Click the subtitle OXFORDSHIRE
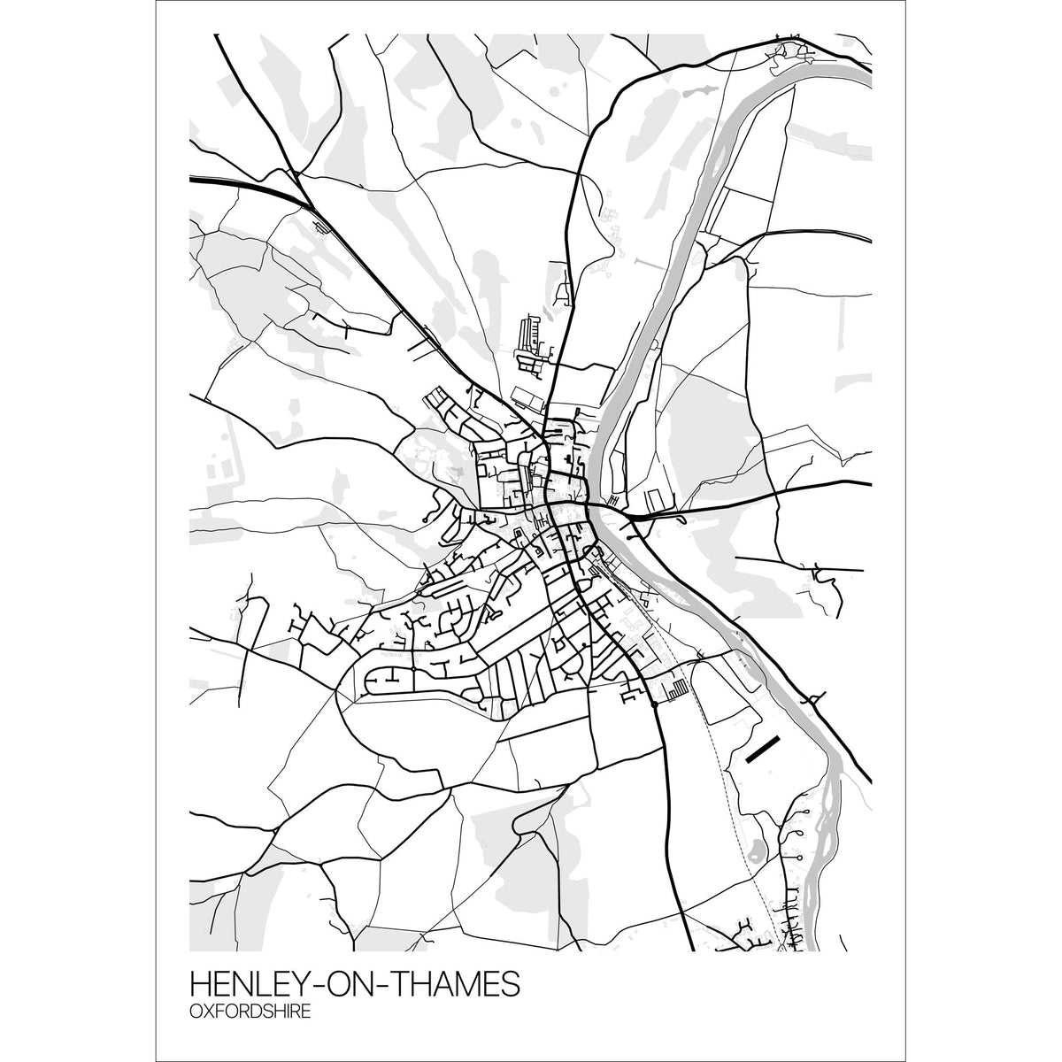(250, 1012)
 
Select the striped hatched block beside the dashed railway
(678, 688)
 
